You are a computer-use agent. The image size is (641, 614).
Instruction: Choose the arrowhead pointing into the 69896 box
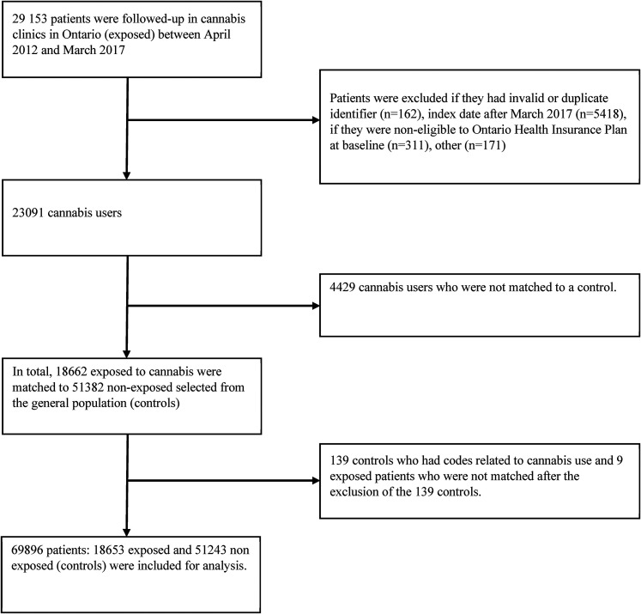tap(126, 507)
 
